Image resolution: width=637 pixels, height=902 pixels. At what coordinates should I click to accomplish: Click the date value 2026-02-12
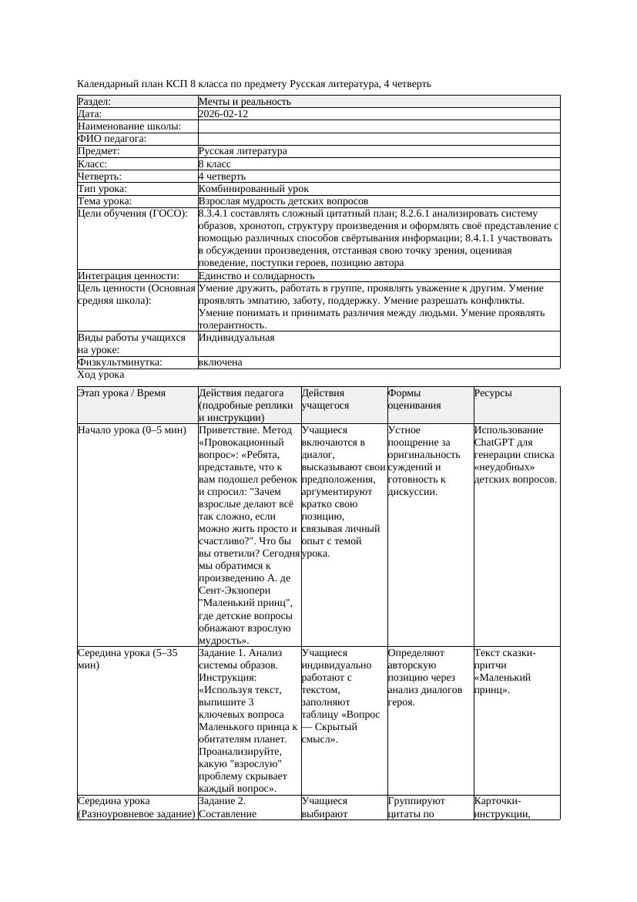pyautogui.click(x=223, y=114)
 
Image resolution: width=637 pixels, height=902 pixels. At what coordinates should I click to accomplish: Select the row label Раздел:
pyautogui.click(x=95, y=102)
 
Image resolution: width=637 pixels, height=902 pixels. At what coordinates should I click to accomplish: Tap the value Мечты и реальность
pyautogui.click(x=244, y=102)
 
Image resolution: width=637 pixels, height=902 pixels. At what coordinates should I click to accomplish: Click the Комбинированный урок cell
pyautogui.click(x=253, y=189)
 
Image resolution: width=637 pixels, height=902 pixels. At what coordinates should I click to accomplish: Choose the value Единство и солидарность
pyautogui.click(x=256, y=276)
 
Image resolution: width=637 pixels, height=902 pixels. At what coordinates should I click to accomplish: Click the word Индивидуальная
pyautogui.click(x=236, y=338)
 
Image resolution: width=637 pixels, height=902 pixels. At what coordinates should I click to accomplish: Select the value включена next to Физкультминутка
pyautogui.click(x=220, y=362)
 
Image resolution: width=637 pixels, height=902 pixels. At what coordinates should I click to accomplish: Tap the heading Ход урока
pyautogui.click(x=101, y=375)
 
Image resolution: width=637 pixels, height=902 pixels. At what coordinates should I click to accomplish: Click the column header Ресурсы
pyautogui.click(x=493, y=393)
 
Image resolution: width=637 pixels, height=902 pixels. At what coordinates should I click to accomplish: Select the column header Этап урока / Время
pyautogui.click(x=122, y=393)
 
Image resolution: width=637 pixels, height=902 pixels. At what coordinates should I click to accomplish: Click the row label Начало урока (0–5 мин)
pyautogui.click(x=132, y=430)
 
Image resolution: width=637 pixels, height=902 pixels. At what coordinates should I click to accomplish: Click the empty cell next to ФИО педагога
pyautogui.click(x=377, y=139)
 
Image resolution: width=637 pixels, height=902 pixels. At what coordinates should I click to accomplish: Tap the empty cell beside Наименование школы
pyautogui.click(x=377, y=126)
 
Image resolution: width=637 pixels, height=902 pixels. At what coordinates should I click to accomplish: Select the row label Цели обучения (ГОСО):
pyautogui.click(x=132, y=214)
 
